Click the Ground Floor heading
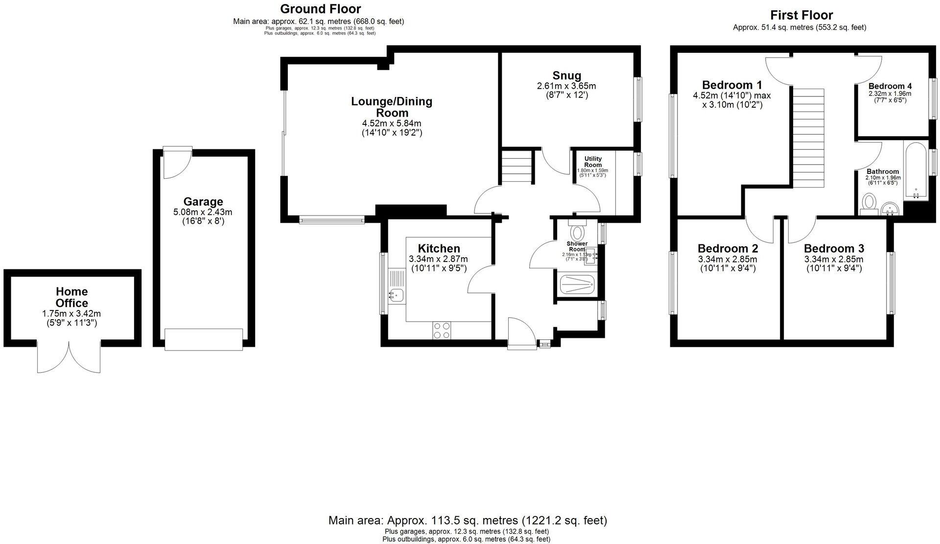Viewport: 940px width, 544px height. click(320, 9)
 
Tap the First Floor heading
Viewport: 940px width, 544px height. click(801, 15)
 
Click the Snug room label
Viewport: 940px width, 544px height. click(566, 75)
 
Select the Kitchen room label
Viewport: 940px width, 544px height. click(439, 248)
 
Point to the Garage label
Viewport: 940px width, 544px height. click(203, 201)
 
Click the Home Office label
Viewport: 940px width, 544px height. click(71, 297)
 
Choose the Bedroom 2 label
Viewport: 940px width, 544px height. click(728, 248)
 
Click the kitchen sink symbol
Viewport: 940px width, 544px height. click(396, 295)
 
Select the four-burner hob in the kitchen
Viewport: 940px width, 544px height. click(442, 331)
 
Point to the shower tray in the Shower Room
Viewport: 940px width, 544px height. click(577, 284)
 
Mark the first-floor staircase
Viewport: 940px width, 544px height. click(808, 137)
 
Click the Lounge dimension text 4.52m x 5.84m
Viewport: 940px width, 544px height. click(391, 123)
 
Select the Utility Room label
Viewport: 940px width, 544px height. click(592, 162)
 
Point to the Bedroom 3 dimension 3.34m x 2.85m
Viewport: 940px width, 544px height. click(833, 259)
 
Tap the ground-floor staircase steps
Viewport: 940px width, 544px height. click(516, 166)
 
